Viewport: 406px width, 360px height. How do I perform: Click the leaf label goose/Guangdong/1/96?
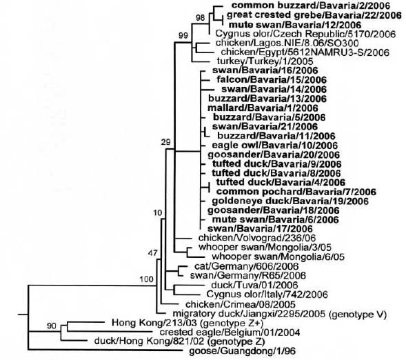tap(243, 351)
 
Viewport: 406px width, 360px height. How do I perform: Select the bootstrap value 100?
tap(147, 279)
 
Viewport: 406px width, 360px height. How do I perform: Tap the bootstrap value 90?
tap(52, 326)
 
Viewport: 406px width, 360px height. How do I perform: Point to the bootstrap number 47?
tap(152, 253)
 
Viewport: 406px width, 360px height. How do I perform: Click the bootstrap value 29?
tap(166, 142)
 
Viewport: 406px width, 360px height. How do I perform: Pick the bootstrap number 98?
tap(200, 18)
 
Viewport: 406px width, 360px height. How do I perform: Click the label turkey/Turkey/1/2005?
tap(265, 61)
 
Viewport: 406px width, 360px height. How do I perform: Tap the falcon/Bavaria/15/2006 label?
tap(272, 79)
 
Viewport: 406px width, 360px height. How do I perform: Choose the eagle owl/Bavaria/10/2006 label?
tap(275, 146)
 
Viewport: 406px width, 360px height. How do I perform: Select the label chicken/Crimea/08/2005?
tap(241, 304)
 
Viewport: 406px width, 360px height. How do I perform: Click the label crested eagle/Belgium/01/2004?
tap(230, 332)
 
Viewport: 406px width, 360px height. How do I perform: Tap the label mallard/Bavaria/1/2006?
tap(263, 108)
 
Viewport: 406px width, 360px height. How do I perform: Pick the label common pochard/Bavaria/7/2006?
tap(296, 192)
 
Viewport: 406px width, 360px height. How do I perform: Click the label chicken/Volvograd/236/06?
tap(257, 238)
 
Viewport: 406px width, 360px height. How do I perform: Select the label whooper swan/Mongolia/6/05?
tap(278, 257)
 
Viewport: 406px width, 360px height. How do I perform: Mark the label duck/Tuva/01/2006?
tap(255, 285)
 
